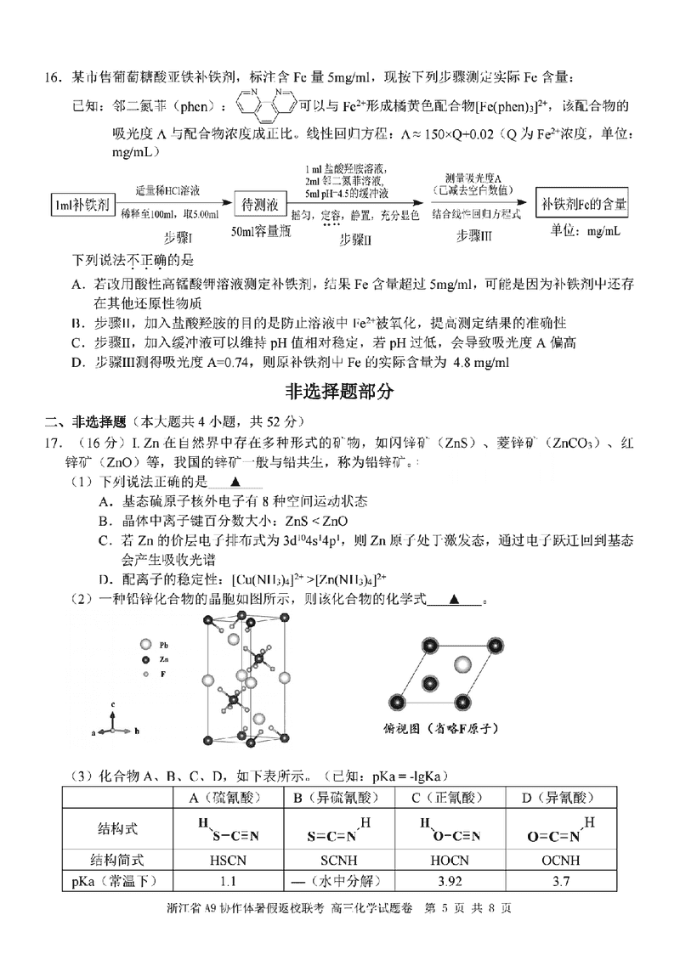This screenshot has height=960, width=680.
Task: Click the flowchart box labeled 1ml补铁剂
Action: [x=83, y=204]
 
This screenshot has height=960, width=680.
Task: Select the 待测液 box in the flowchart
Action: [x=256, y=204]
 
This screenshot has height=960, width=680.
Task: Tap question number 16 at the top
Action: [x=54, y=79]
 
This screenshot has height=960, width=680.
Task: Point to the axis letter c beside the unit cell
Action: [x=113, y=706]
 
